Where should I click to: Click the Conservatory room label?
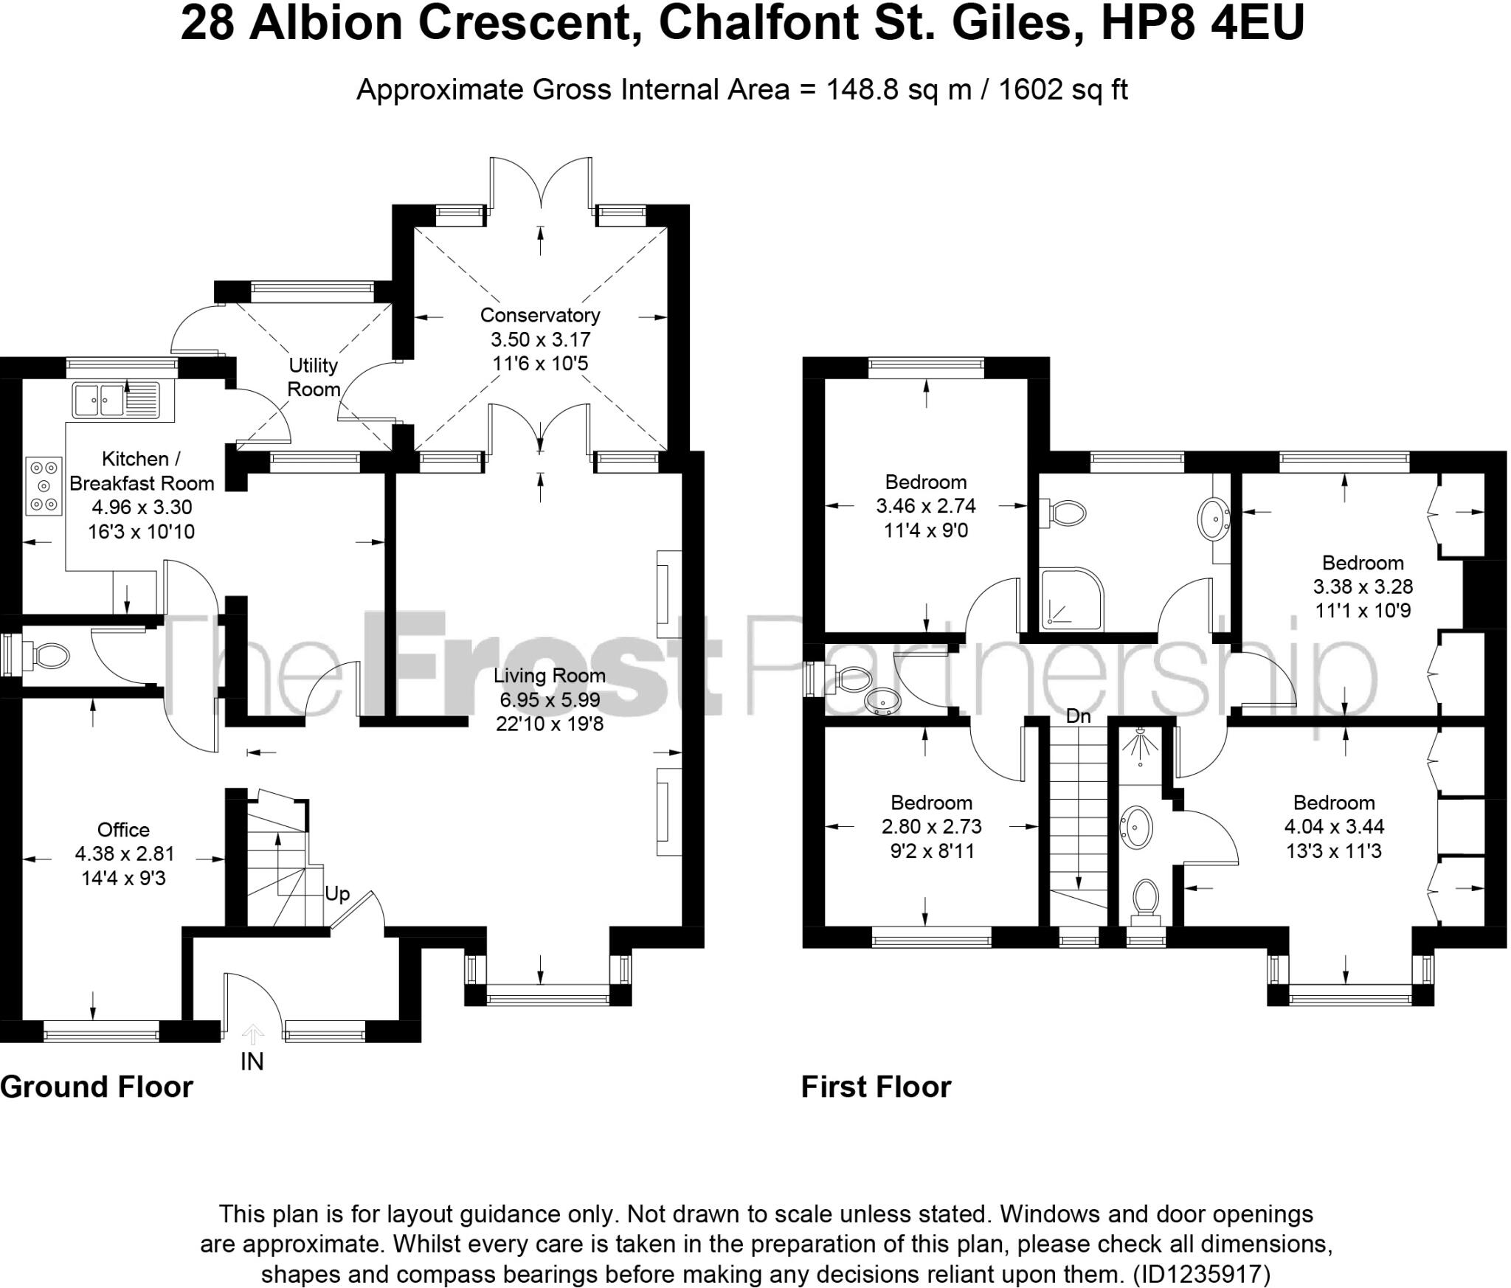540,315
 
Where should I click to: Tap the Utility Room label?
314,377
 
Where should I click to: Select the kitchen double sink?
98,401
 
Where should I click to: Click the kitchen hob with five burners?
44,486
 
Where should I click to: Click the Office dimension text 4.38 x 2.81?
125,854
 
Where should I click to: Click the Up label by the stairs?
337,893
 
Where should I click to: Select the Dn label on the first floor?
1078,716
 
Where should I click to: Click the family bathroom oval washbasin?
1213,519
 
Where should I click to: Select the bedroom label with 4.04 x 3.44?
1334,803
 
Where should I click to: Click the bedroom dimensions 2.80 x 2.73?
932,826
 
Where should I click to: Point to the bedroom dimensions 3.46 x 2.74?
926,506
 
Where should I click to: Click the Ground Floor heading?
97,1087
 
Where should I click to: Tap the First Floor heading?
876,1087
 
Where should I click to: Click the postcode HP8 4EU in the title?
1202,24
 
